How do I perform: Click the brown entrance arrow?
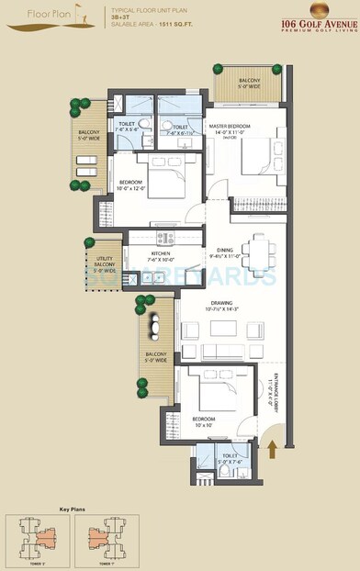click(x=272, y=449)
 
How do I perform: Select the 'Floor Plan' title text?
click(x=28, y=15)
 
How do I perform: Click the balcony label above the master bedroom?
click(x=250, y=84)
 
